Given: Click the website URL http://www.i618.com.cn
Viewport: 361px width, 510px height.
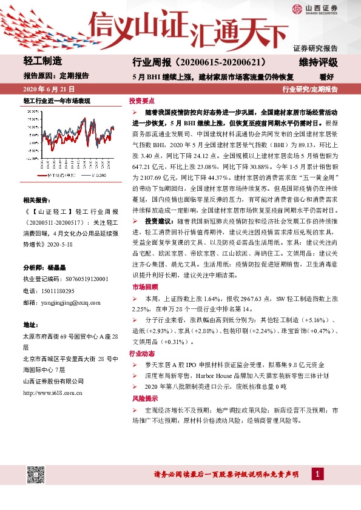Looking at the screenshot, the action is (x=53, y=392).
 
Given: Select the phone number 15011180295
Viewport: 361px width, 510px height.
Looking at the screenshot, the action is (x=59, y=291).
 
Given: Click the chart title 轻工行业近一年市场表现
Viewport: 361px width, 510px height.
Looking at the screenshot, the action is (x=56, y=101).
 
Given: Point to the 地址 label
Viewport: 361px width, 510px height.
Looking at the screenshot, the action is (x=30, y=325).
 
